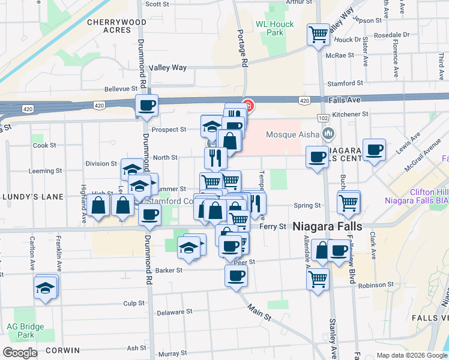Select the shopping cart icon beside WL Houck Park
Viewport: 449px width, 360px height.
click(x=318, y=34)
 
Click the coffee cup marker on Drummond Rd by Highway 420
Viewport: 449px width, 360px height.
click(x=146, y=106)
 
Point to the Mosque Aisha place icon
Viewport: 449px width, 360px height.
click(x=328, y=133)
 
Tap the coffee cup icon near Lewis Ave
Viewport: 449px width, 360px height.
click(x=375, y=150)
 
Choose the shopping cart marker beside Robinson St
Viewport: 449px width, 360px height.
click(x=317, y=278)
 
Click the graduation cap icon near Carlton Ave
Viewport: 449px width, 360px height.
click(x=46, y=289)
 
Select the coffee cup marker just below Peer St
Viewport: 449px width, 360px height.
click(x=235, y=276)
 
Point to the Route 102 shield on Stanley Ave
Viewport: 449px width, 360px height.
click(x=323, y=118)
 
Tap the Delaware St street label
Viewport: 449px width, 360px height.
click(x=174, y=312)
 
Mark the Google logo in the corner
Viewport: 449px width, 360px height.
click(x=20, y=353)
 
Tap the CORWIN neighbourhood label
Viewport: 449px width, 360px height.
click(x=60, y=350)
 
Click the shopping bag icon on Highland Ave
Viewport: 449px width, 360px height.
click(x=98, y=206)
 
